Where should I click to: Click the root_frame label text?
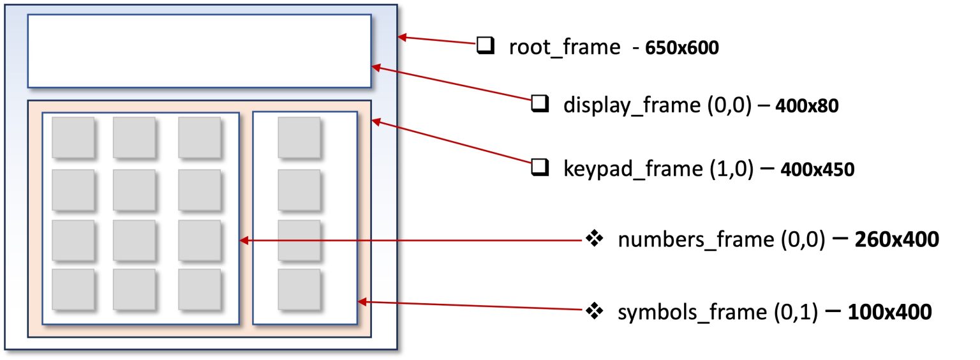[564, 47]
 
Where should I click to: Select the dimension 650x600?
[682, 48]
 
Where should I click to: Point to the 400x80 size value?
[806, 105]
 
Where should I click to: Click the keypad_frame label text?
[646, 169]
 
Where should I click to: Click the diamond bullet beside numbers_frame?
[595, 239]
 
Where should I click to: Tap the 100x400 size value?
[890, 312]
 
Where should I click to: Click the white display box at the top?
[199, 50]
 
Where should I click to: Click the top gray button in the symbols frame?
[299, 137]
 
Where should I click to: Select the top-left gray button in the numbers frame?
[73, 137]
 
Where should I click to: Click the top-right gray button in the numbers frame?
[199, 137]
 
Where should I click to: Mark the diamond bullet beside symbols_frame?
[595, 311]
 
